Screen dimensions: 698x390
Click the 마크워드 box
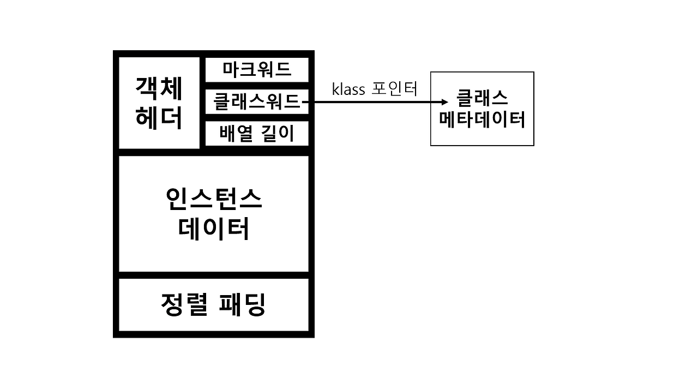pyautogui.click(x=257, y=70)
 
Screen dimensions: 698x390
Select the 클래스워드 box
pyautogui.click(x=257, y=101)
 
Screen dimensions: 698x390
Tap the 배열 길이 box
pyautogui.click(x=257, y=134)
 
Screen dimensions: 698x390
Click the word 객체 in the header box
pyautogui.click(x=159, y=88)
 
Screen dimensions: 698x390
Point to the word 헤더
pyautogui.click(x=159, y=118)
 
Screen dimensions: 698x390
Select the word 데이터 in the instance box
pyautogui.click(x=214, y=229)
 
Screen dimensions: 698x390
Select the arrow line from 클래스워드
pyautogui.click(x=371, y=102)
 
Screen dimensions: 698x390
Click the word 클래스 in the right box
pyautogui.click(x=482, y=98)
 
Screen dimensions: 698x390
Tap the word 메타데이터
pyautogui.click(x=482, y=119)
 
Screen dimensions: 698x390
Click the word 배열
pyautogui.click(x=236, y=134)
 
